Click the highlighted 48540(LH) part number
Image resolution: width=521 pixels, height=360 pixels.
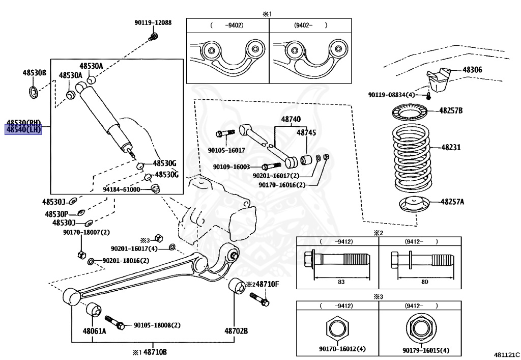pos(23,130)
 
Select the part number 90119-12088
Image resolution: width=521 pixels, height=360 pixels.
pos(153,22)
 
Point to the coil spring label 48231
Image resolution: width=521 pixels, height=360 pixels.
pos(450,148)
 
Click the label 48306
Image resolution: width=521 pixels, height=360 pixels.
pos(472,70)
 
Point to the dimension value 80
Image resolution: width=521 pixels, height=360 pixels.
pos(424,282)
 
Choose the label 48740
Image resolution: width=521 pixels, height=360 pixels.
pos(291,119)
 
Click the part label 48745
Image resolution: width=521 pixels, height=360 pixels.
pos(306,132)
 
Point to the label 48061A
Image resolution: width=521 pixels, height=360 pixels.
pos(95,331)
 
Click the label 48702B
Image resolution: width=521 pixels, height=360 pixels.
pos(237,331)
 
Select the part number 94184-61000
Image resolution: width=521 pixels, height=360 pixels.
pos(121,189)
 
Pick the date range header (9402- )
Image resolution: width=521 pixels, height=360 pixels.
pos(310,24)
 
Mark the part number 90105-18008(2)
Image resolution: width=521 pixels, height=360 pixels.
pos(157,325)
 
